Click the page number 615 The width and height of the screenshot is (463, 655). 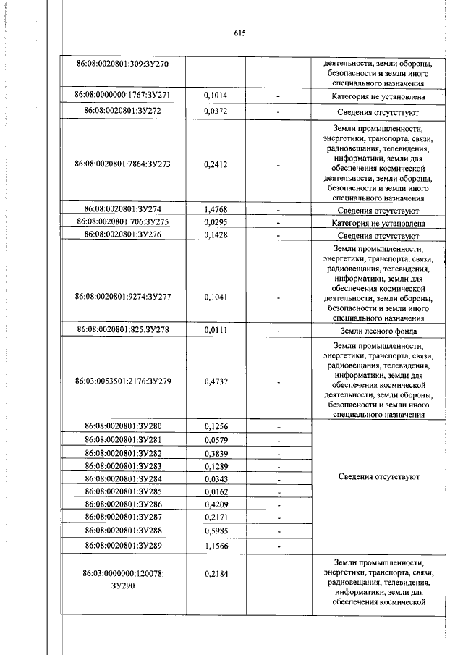(x=241, y=33)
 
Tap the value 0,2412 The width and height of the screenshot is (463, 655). (x=215, y=164)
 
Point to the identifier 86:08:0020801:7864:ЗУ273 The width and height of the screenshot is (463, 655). (x=122, y=164)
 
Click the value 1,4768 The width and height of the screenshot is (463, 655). (x=215, y=211)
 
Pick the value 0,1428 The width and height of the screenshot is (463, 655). (x=215, y=234)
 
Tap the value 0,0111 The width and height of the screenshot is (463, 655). (x=215, y=331)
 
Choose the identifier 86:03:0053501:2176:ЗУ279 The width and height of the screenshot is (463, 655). (x=122, y=381)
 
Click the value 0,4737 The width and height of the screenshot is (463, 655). (x=215, y=381)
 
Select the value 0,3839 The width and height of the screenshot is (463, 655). (x=215, y=452)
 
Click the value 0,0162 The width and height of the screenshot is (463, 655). (x=215, y=491)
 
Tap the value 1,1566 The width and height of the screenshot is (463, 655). (x=215, y=545)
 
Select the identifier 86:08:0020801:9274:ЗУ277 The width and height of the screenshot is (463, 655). (x=122, y=297)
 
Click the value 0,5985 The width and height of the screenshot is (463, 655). (x=215, y=530)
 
